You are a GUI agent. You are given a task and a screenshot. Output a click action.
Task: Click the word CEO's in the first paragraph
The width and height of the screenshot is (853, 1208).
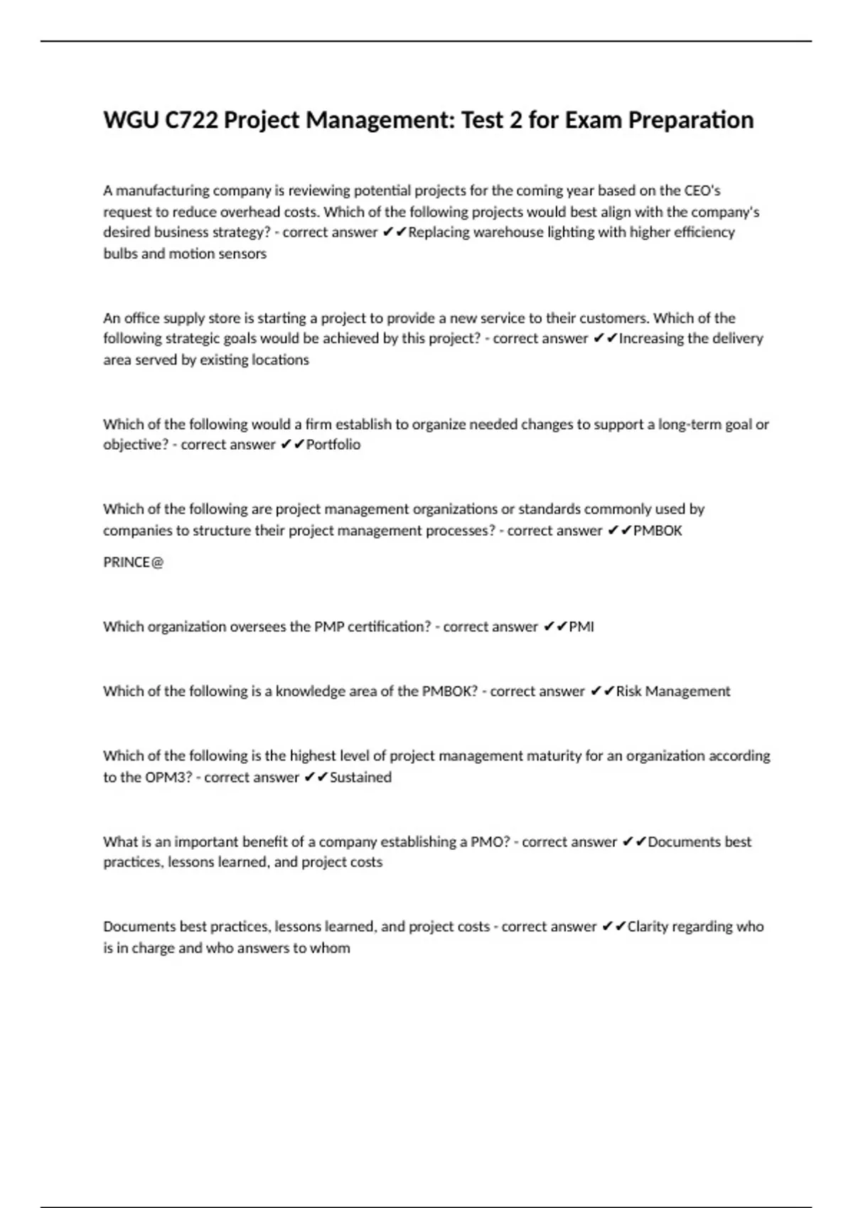(x=702, y=190)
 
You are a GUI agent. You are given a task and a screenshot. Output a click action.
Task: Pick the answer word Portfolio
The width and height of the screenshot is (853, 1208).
(x=333, y=445)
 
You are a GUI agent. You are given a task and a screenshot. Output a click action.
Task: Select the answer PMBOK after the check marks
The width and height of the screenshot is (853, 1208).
(x=658, y=531)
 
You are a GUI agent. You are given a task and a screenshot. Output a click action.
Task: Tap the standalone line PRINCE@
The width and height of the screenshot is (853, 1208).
(x=134, y=563)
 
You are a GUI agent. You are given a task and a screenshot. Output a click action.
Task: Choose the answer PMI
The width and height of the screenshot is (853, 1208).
(x=581, y=627)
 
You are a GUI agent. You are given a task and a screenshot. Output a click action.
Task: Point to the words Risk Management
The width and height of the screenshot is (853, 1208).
(x=672, y=691)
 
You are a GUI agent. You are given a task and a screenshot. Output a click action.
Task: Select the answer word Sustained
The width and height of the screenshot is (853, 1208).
(x=360, y=777)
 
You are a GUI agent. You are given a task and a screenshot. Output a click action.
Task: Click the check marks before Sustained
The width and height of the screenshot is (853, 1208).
(x=316, y=777)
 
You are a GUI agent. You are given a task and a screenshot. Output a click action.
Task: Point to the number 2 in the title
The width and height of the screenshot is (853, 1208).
(x=515, y=121)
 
